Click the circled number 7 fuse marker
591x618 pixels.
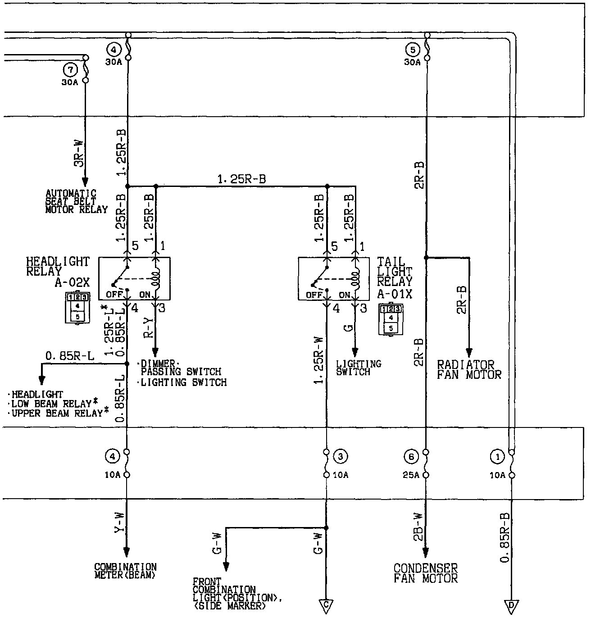70,69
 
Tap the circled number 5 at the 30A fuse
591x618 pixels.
412,49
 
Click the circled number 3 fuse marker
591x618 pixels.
340,457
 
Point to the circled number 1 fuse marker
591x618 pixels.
497,457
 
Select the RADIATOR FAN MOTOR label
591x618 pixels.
469,369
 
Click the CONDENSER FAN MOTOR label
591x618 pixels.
426,573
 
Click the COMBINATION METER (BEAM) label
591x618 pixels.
125,571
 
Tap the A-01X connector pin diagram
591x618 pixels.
391,319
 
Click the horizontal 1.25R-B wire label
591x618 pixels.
241,179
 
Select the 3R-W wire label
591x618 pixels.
79,153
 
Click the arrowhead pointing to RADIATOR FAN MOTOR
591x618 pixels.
469,352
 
